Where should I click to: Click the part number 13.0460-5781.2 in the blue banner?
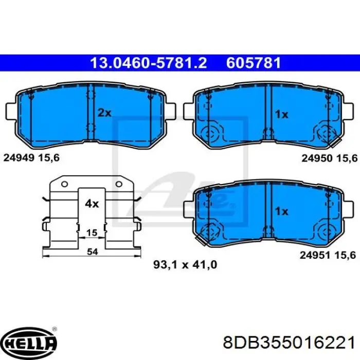[149, 63]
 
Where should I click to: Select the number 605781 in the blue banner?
[254, 63]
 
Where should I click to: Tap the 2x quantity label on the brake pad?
[104, 113]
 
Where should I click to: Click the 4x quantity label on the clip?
[92, 204]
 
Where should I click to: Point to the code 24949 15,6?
[31, 157]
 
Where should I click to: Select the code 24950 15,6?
[330, 158]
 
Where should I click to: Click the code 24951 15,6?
[328, 255]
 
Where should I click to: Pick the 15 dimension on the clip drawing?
[92, 233]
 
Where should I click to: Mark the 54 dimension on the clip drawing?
[92, 252]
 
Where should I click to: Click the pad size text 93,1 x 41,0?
[185, 265]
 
